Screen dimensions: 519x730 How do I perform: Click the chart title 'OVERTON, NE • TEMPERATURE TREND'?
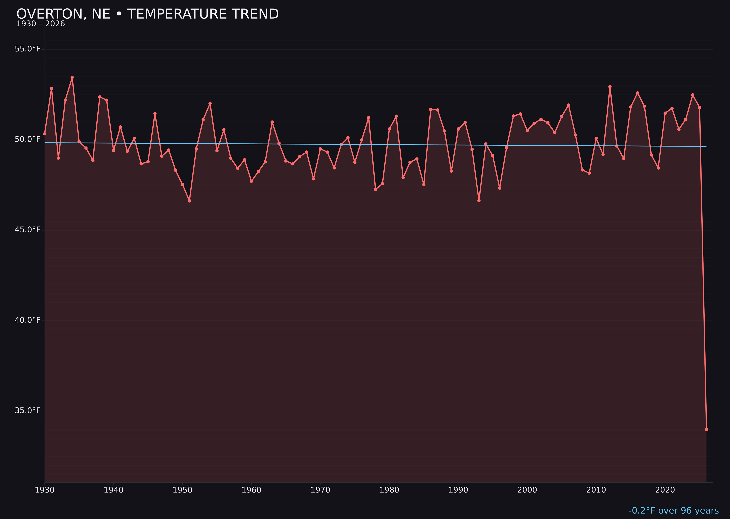(147, 14)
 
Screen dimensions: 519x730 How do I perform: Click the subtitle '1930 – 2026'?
(41, 24)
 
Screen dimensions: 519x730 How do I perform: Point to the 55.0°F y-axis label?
(28, 49)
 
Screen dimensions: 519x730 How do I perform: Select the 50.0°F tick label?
(28, 139)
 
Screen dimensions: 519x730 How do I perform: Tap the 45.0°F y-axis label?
(28, 230)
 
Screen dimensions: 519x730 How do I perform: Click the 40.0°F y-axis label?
(28, 320)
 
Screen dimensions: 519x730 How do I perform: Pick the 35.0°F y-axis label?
(28, 410)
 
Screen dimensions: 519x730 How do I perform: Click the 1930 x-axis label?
(45, 490)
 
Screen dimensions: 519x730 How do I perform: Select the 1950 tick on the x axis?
(182, 490)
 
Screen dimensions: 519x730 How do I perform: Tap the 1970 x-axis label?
(320, 490)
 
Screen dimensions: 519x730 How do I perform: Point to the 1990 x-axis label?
(458, 490)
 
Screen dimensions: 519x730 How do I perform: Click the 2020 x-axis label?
(665, 490)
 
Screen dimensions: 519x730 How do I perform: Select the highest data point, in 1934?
(72, 77)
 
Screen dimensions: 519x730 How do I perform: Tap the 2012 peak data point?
(610, 87)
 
